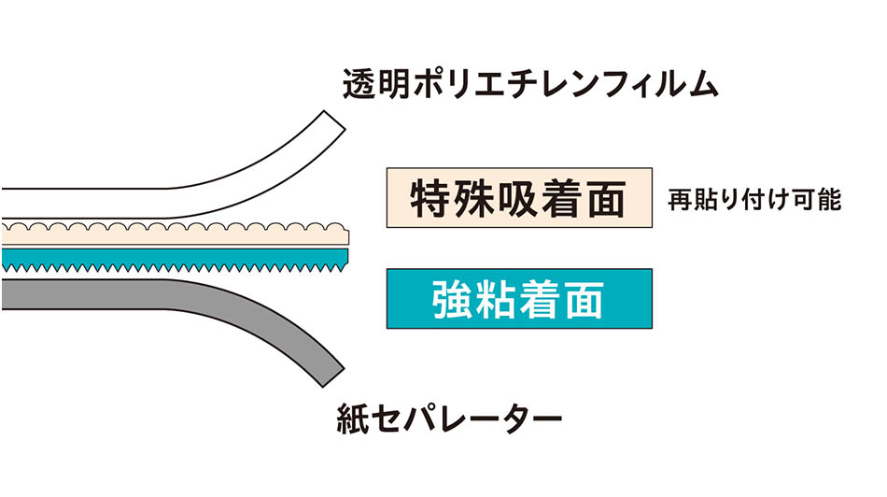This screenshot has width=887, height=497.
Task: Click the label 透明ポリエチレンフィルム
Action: pyautogui.click(x=530, y=86)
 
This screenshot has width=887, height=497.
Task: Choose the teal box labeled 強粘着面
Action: pyautogui.click(x=518, y=299)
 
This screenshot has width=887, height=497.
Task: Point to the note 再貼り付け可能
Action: pyautogui.click(x=755, y=200)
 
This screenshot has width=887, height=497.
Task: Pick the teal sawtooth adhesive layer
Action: pyautogui.click(x=168, y=257)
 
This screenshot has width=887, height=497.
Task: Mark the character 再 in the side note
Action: pyautogui.click(x=679, y=200)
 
